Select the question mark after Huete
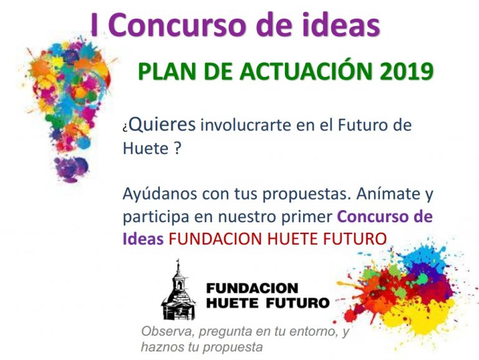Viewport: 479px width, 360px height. pos(178,150)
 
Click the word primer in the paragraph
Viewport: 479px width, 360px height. pos(304,217)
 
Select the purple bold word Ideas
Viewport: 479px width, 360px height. pos(143,239)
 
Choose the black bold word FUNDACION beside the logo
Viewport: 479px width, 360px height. pos(252,288)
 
